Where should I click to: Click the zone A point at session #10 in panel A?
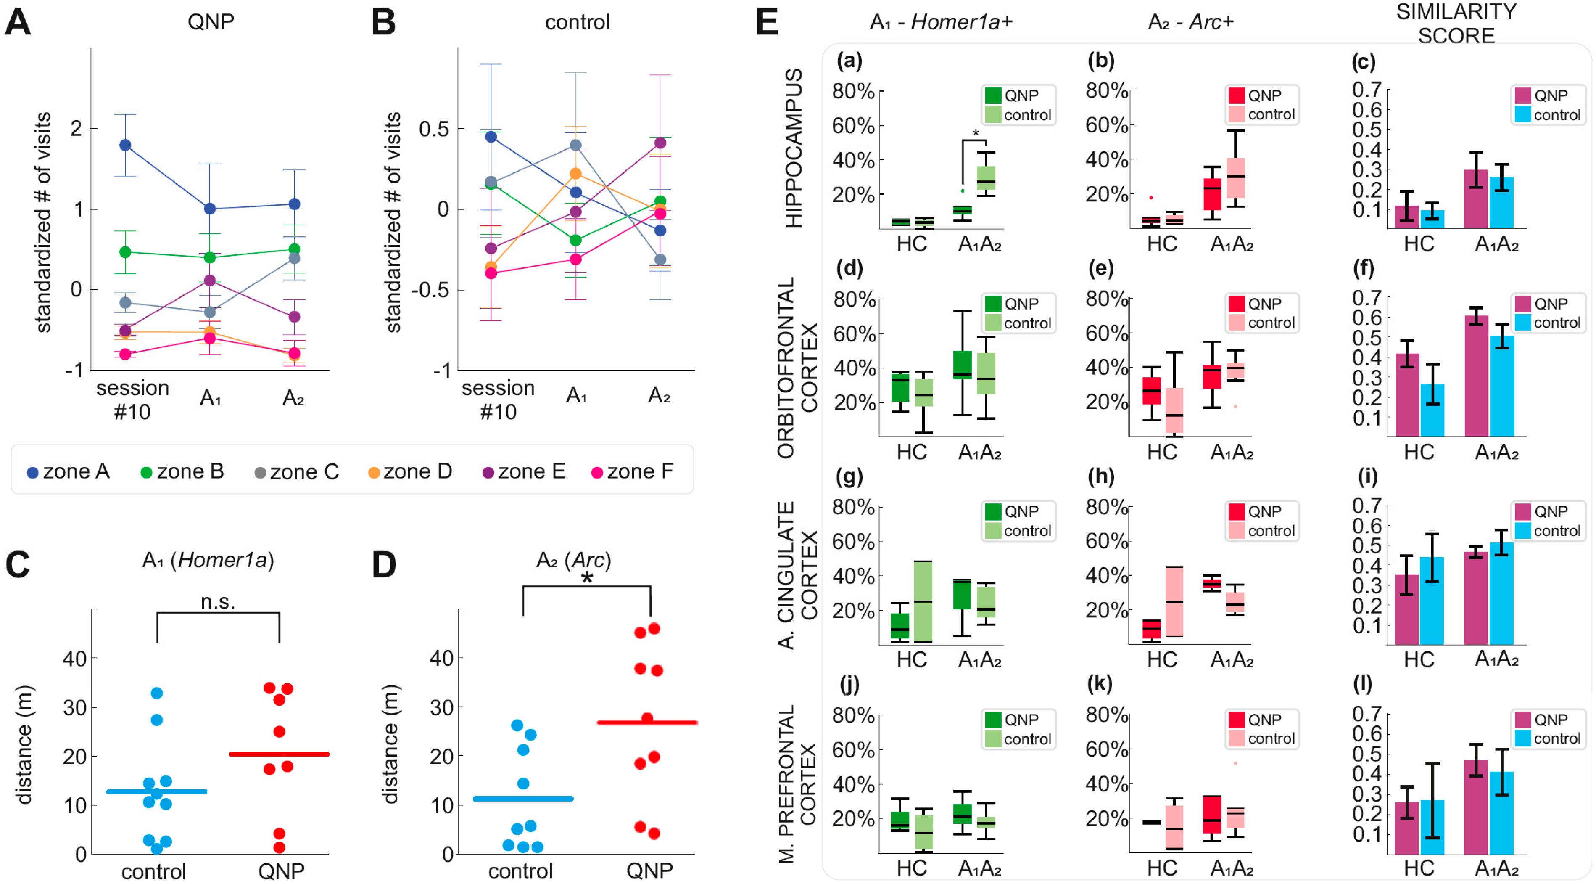tap(125, 145)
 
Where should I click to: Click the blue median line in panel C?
tap(157, 791)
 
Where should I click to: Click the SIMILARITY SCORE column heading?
tap(1456, 24)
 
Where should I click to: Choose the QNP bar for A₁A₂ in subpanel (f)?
tap(1477, 376)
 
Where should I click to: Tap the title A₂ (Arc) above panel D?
tap(574, 561)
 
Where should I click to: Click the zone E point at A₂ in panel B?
tap(660, 143)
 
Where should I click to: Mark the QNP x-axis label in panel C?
tap(281, 871)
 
